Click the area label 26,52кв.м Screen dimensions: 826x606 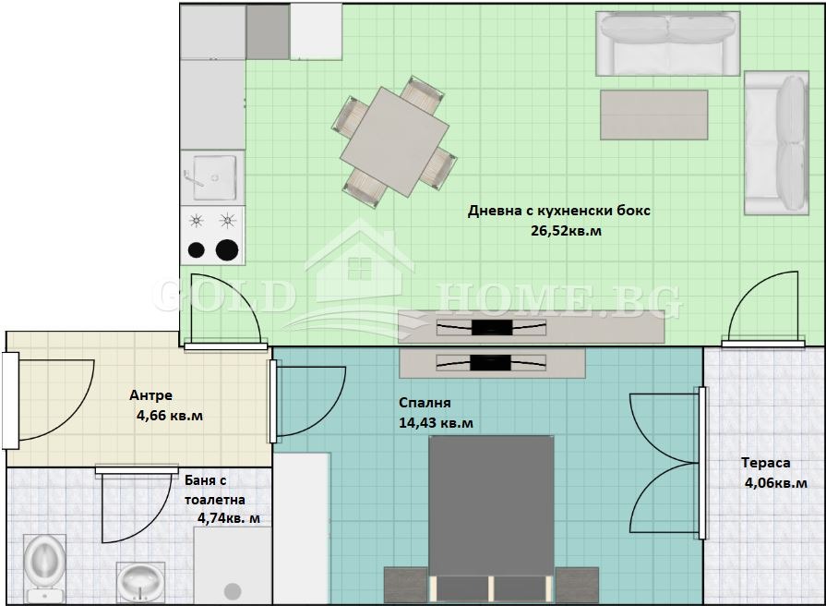tap(566, 231)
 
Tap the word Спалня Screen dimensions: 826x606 tap(425, 403)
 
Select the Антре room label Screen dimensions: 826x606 tap(150, 395)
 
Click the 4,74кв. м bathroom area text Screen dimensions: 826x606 tap(229, 518)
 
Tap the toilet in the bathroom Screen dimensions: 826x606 tap(45, 567)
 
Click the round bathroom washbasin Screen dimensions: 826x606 tap(139, 582)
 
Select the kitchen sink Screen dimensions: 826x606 tap(213, 177)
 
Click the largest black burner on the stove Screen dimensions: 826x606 tap(227, 250)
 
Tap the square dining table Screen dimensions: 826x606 tap(395, 142)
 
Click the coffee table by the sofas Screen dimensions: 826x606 tap(653, 115)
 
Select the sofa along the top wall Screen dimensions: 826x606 tap(668, 44)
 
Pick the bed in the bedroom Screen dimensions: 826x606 tap(491, 518)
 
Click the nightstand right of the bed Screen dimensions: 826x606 tap(577, 585)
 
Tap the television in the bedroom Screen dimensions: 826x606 tap(491, 363)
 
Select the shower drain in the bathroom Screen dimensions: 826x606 tap(233, 591)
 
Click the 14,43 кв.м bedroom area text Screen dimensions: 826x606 tap(436, 423)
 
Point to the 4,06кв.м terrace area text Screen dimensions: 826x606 tap(775, 483)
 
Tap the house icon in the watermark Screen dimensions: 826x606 tap(360, 266)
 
